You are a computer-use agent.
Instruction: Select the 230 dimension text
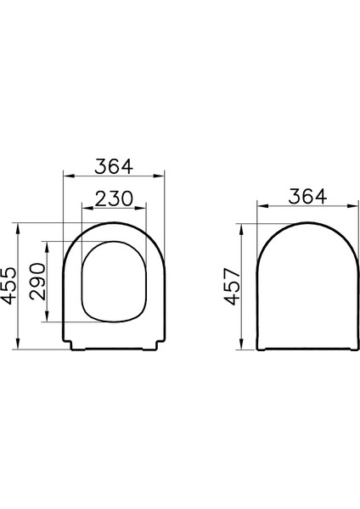coord(114,198)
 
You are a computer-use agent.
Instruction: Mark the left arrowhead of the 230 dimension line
coord(82,208)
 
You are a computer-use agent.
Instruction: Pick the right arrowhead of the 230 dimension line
coord(145,208)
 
